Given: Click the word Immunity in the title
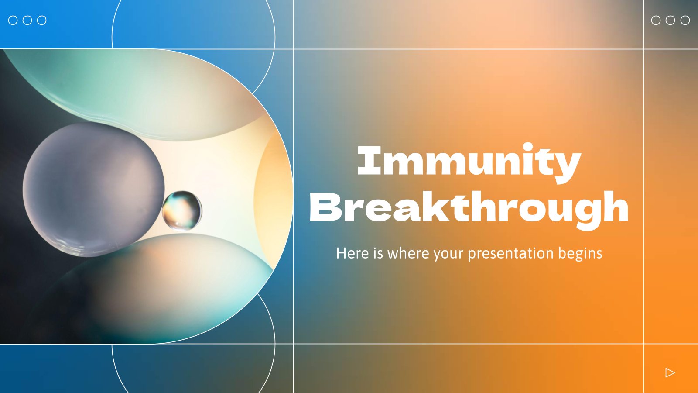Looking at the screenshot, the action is (469, 163).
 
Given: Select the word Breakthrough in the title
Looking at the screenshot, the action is (469, 210).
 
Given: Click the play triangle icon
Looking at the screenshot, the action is (670, 372).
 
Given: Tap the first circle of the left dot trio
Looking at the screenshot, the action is (13, 20).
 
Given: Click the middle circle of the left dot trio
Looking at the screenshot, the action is (27, 20).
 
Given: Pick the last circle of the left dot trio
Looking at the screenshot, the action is (42, 20).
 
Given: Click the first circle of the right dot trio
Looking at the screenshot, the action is (656, 20).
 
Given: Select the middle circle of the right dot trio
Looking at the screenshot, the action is (670, 20).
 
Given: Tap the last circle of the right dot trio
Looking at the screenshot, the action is (685, 20).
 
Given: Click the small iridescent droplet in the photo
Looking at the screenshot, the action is (182, 210).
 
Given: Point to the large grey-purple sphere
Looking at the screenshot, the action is (93, 190).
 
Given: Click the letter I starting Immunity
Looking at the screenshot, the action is (369, 161).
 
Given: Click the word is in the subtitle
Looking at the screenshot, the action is (378, 253).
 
